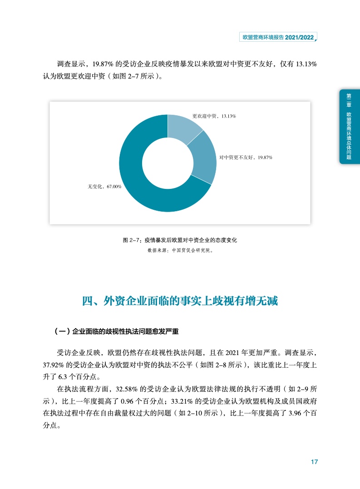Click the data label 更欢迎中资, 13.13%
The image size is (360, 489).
(x=214, y=116)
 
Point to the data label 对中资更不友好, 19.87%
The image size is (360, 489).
(x=246, y=157)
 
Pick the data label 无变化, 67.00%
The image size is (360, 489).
(x=104, y=186)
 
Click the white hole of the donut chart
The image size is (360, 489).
(x=167, y=163)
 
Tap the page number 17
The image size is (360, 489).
(x=314, y=462)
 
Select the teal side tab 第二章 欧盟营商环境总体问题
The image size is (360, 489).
(x=349, y=126)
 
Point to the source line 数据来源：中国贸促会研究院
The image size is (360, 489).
(x=180, y=250)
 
